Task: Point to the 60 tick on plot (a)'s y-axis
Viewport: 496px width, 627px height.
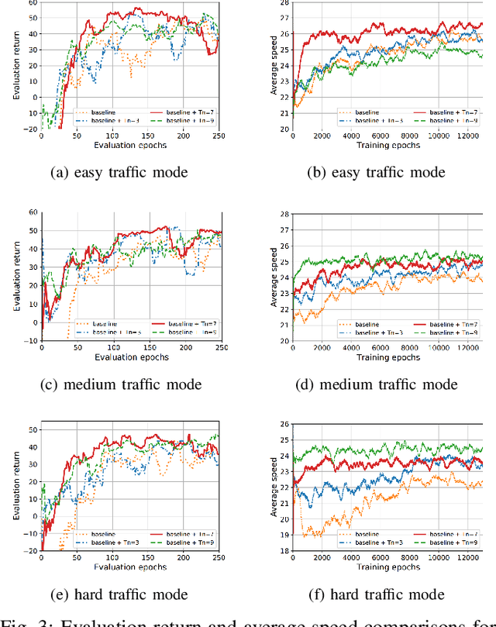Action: (x=32, y=2)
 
